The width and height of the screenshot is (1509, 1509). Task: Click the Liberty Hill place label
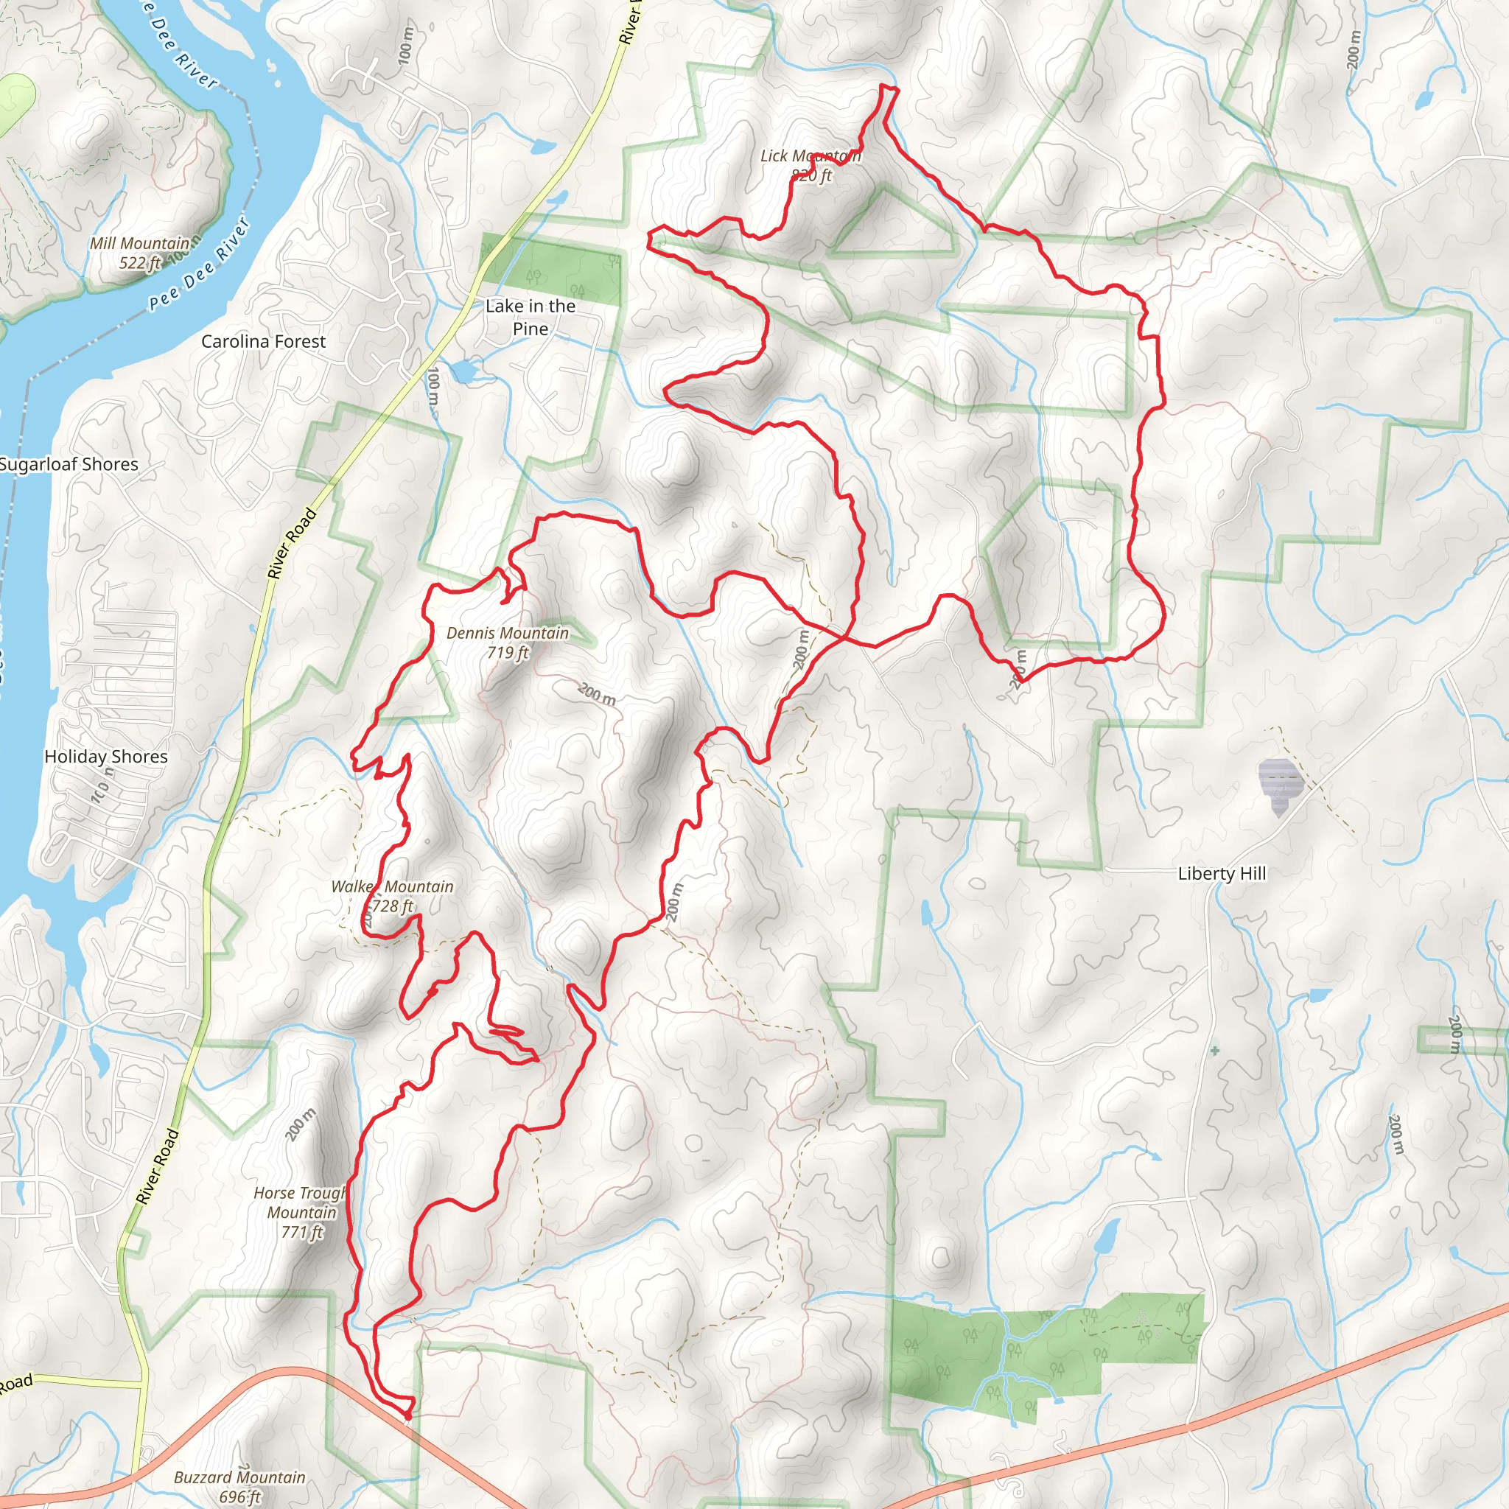1222,873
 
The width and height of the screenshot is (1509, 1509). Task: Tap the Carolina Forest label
263,341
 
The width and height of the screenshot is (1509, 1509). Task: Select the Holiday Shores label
106,756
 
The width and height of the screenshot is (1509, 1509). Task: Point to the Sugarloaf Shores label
69,464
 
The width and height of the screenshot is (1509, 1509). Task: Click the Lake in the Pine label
531,317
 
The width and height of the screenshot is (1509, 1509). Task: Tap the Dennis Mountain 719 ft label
508,642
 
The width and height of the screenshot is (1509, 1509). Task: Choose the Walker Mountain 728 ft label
392,896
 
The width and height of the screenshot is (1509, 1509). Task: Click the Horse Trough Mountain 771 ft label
301,1212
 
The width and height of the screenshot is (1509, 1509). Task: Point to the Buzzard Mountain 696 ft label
239,1486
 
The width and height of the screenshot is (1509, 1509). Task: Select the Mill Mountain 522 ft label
140,252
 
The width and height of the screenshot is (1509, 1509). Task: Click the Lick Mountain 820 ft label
810,166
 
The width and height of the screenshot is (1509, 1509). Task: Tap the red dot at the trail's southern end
407,1415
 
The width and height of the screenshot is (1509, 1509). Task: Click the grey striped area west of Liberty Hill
1279,784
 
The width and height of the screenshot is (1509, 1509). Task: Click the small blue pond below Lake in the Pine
464,371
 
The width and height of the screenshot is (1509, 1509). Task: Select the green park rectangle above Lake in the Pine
551,269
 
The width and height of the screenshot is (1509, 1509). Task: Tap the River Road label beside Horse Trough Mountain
158,1167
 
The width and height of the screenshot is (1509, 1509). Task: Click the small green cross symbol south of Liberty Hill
1214,1051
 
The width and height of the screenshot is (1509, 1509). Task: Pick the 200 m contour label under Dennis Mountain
597,693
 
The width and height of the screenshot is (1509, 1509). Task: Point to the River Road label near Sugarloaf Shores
292,542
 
